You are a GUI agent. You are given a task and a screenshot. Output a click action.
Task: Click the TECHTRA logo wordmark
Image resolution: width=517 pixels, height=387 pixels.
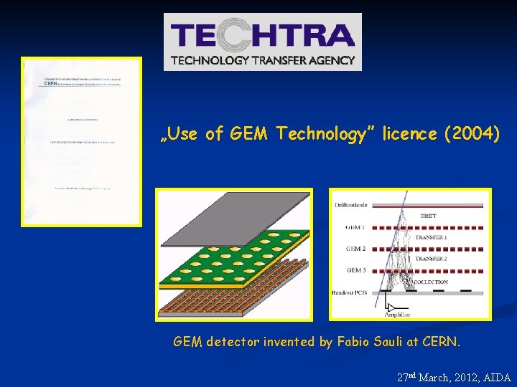coord(262,36)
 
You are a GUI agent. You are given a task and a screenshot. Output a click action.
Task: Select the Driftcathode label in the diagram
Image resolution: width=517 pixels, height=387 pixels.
coord(350,205)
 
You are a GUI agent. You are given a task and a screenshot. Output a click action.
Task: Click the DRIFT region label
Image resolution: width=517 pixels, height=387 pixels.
coord(428,216)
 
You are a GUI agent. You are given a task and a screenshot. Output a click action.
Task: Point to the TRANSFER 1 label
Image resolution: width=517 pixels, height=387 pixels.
coord(431,237)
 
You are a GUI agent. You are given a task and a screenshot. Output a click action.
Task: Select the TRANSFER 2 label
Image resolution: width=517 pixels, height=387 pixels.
coord(431,258)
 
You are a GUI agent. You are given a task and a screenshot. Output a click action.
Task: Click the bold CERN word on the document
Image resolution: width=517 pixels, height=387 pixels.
coord(50,83)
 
